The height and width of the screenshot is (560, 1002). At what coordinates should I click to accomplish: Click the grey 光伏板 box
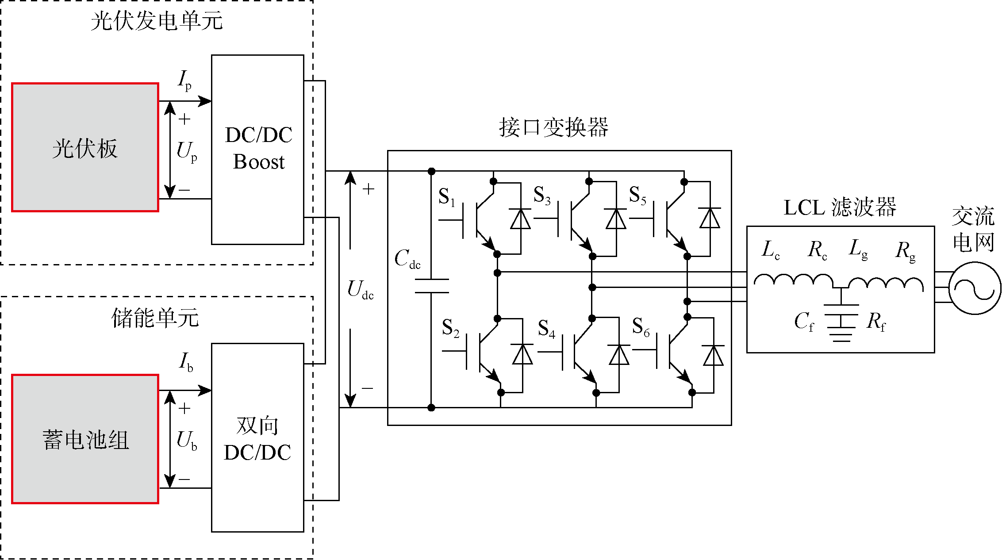[x=85, y=147]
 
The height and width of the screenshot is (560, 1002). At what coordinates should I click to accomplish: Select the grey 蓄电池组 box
[x=85, y=439]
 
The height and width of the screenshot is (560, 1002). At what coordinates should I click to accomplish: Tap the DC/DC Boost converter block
[x=257, y=150]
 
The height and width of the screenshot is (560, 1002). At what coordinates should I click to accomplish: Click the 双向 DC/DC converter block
[x=257, y=438]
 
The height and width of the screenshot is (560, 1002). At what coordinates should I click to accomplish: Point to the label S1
[x=446, y=197]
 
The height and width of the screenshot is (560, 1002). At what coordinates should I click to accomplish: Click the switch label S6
[x=641, y=327]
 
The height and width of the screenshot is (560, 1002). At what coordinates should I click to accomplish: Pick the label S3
[x=542, y=195]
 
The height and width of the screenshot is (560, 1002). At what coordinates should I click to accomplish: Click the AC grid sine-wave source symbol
[x=975, y=288]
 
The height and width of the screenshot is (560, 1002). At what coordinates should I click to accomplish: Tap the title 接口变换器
[x=553, y=127]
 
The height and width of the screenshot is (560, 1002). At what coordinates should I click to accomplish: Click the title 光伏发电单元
[x=157, y=21]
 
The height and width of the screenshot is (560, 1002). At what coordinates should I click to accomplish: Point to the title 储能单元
[x=155, y=318]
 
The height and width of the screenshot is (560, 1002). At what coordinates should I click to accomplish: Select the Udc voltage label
[x=360, y=290]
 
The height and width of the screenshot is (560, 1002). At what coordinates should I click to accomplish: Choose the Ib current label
[x=186, y=362]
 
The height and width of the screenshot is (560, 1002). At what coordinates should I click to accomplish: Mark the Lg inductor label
[x=858, y=249]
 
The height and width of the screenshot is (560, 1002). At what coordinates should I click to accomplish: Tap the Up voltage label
[x=187, y=152]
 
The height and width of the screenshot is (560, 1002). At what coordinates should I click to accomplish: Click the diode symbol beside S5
[x=710, y=219]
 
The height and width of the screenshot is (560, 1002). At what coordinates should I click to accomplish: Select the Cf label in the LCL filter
[x=804, y=322]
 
